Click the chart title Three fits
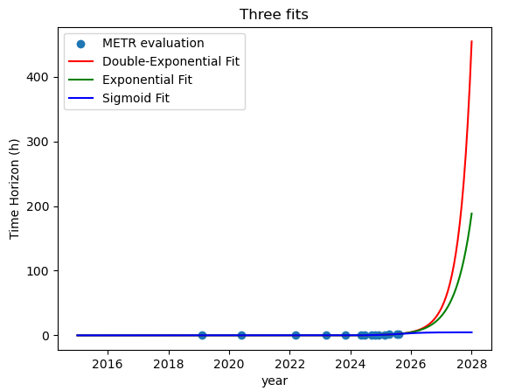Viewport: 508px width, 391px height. (274, 15)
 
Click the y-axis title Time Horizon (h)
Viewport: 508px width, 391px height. (14, 189)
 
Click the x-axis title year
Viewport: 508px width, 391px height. (275, 381)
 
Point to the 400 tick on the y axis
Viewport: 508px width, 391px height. (37, 77)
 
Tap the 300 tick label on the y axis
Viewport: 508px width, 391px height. (37, 142)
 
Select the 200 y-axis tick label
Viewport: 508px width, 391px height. (37, 206)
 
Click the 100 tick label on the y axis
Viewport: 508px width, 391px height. (37, 271)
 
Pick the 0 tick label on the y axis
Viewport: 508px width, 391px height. (45, 336)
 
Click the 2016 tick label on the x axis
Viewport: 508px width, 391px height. (108, 364)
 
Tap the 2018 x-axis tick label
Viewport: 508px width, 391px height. (168, 364)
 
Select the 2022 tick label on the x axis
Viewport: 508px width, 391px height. (289, 364)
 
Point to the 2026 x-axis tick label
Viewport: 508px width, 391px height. (411, 364)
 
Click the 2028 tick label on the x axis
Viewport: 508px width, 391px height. (472, 364)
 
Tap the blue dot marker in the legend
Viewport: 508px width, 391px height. (80, 44)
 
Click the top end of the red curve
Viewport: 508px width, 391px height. (472, 41)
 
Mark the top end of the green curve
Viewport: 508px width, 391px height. (472, 213)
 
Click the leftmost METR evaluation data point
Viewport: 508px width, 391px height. (202, 335)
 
